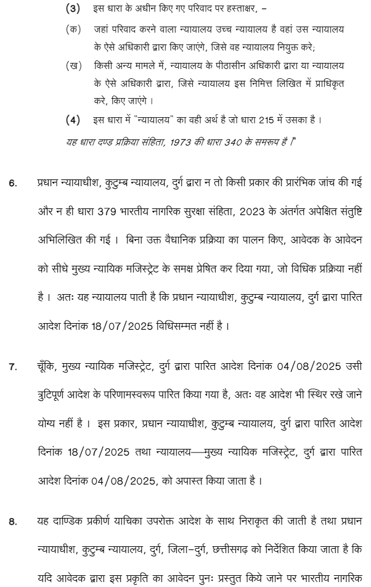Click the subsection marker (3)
click(73, 9)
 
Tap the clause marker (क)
click(73, 29)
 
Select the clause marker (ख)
click(73, 65)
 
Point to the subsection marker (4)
click(73, 119)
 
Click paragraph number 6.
click(13, 183)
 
